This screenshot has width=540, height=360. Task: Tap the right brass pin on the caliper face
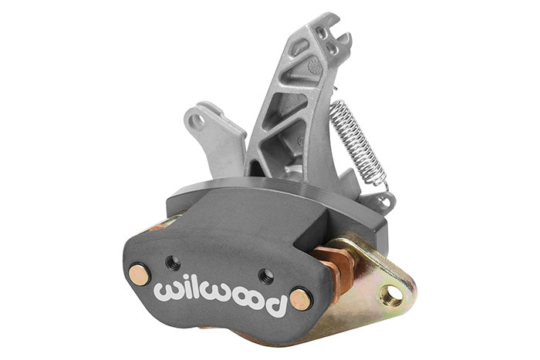click(x=299, y=299)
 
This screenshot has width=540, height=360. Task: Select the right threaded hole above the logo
click(x=266, y=276)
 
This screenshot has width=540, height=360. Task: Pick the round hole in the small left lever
click(x=197, y=121)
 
